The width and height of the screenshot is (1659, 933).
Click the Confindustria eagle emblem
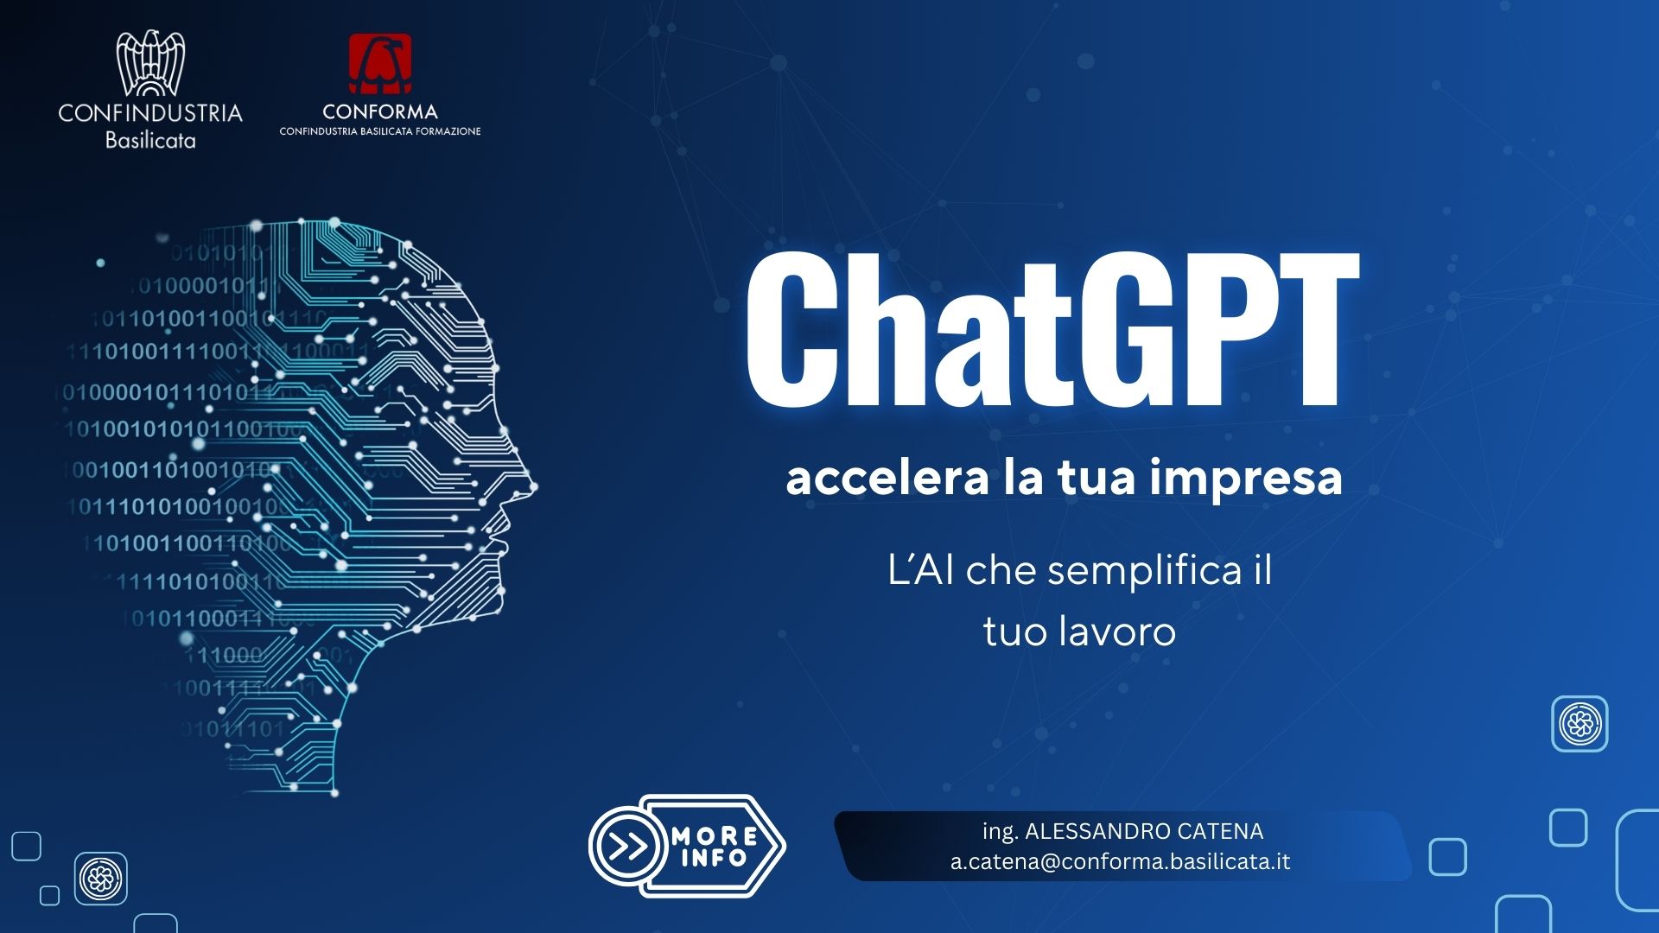(150, 63)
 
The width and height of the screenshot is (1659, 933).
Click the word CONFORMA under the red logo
(380, 111)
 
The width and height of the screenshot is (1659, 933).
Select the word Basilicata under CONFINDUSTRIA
(150, 140)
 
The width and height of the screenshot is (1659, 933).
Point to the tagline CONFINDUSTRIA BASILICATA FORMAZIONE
(380, 131)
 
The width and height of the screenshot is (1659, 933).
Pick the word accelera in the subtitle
(887, 478)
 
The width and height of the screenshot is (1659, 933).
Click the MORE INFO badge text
(714, 847)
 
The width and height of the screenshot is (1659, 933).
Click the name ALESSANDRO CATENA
(1144, 831)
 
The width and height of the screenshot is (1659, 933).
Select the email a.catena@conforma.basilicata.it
(1121, 862)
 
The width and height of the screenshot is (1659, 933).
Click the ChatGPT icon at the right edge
(1580, 723)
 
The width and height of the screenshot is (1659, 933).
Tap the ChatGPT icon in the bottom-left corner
(101, 879)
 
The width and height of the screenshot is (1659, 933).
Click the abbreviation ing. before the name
(1000, 832)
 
